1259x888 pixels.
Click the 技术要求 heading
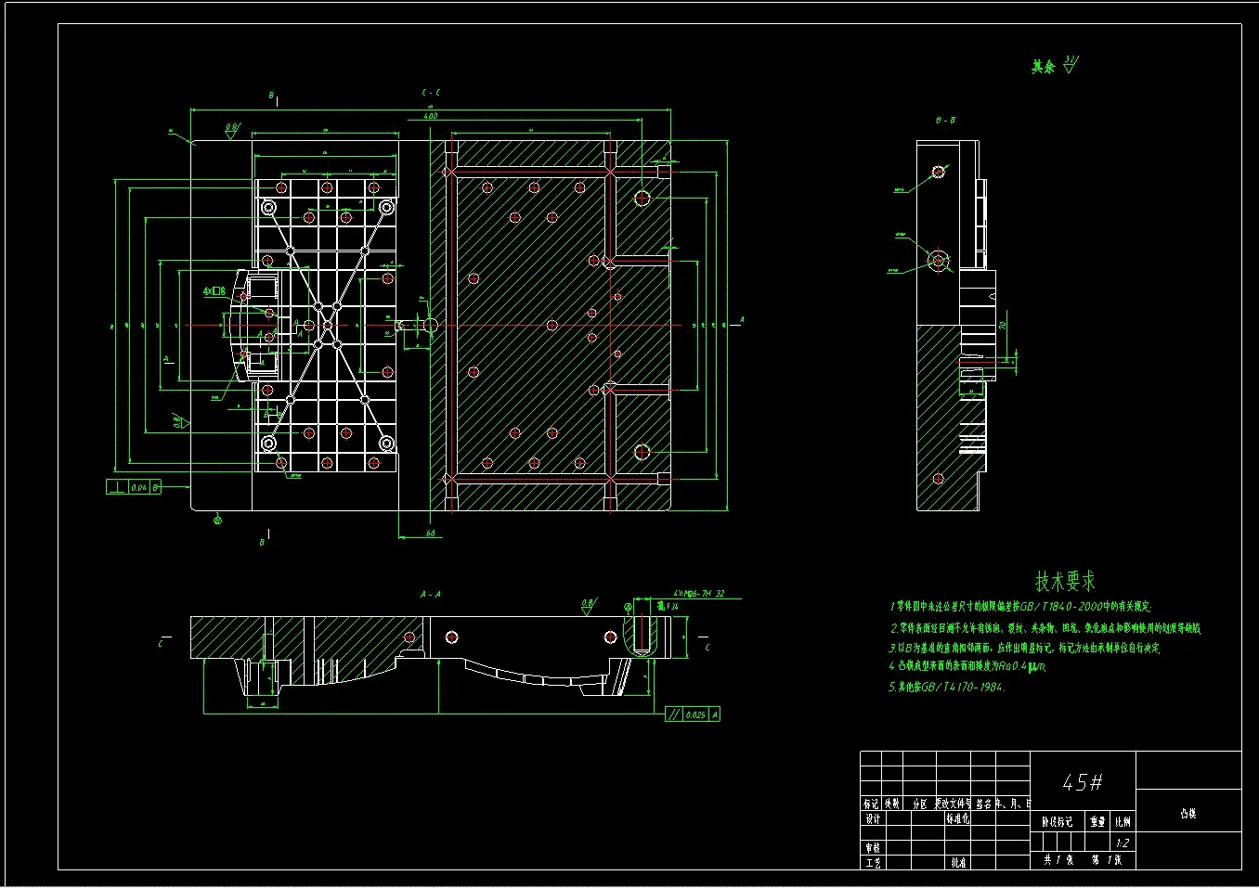[1065, 582]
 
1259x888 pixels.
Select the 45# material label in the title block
[1082, 783]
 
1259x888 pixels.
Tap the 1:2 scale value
[1123, 843]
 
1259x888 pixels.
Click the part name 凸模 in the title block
[1188, 814]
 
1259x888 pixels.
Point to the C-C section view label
[432, 93]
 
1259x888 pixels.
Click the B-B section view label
[945, 121]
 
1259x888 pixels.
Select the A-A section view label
[431, 594]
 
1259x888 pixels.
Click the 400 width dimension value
[431, 116]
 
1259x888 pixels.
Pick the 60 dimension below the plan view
[431, 534]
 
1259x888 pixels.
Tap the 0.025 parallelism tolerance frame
[694, 714]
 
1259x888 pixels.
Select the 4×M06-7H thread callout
[698, 594]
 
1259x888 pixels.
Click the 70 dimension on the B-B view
[1003, 327]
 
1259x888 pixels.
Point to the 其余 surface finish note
[1044, 67]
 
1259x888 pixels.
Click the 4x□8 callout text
[214, 291]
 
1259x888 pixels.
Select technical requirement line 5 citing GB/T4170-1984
[946, 687]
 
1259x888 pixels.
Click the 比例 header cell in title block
[1123, 821]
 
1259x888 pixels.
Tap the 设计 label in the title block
[872, 819]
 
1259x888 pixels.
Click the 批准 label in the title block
[958, 863]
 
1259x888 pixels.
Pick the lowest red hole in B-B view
[938, 479]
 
